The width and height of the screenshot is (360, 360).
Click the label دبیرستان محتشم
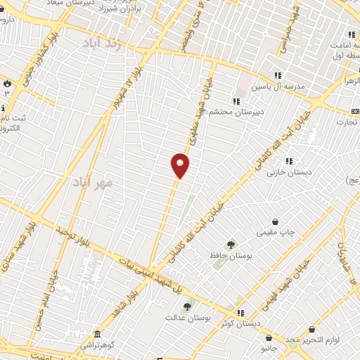click(x=258, y=112)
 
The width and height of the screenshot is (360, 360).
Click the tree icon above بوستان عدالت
click(x=186, y=306)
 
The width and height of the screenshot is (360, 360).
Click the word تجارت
click(x=345, y=122)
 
